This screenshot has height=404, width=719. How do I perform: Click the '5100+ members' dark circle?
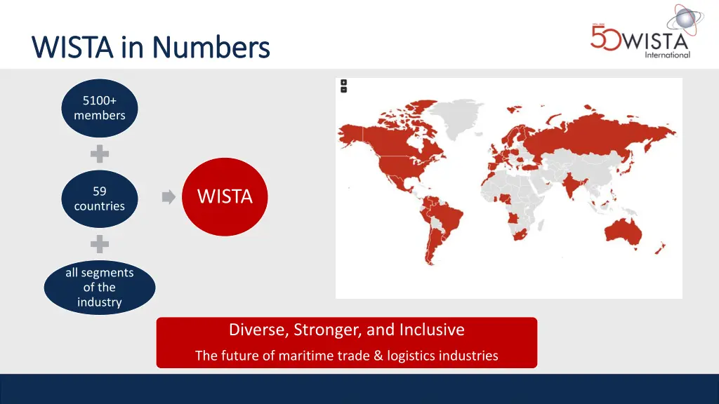click(100, 108)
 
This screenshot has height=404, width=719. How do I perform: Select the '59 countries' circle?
click(100, 198)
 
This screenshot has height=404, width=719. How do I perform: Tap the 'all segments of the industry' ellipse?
click(100, 288)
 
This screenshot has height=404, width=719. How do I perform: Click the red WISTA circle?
click(225, 197)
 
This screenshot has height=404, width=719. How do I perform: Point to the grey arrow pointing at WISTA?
click(169, 198)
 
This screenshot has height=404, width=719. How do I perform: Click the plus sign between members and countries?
click(100, 154)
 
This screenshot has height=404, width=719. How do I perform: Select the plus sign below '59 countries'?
click(100, 244)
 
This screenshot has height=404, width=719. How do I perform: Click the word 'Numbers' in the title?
click(211, 48)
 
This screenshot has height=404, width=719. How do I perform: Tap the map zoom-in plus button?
click(343, 83)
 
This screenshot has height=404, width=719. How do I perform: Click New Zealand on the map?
click(659, 248)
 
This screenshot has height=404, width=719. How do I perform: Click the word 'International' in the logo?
click(667, 55)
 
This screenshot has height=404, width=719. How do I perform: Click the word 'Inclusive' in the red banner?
click(432, 330)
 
